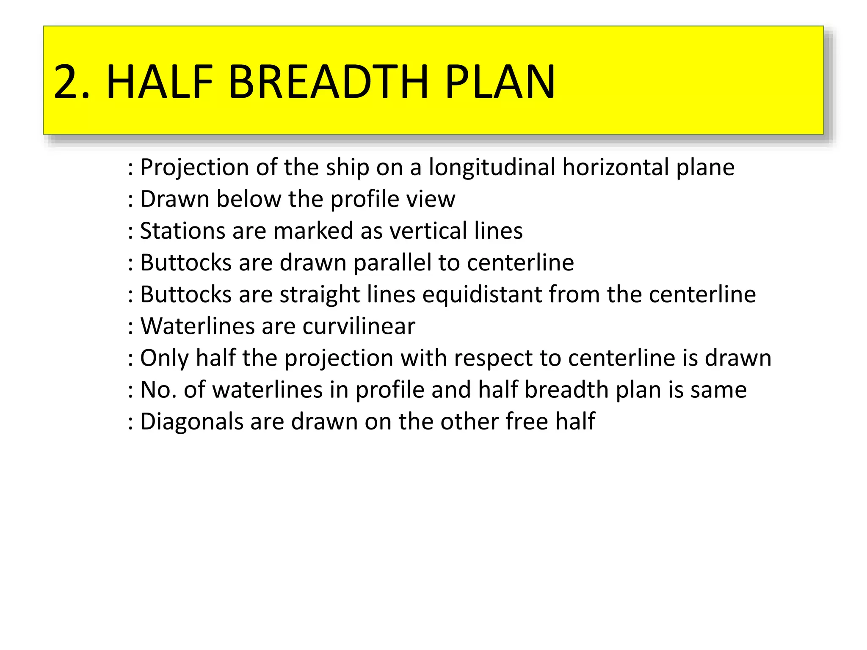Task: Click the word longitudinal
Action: point(492,167)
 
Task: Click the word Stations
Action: point(182,231)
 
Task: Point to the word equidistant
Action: point(482,295)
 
